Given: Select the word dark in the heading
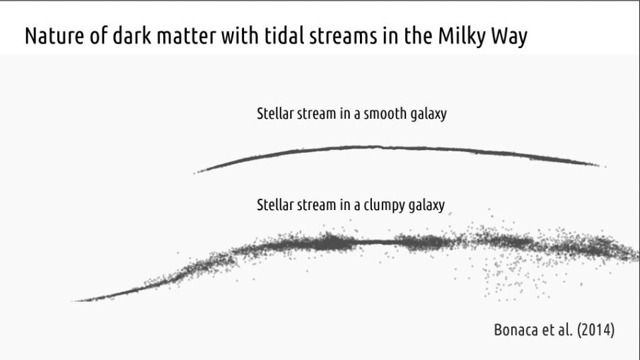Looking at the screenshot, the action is click(132, 35).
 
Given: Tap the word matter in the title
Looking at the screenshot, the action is click(186, 36).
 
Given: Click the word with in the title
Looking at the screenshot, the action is click(240, 35).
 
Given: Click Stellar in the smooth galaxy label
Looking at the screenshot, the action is click(276, 113).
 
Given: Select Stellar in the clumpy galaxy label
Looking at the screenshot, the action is click(276, 205).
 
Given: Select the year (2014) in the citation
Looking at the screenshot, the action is click(595, 330).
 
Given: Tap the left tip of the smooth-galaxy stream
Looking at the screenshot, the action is click(194, 173).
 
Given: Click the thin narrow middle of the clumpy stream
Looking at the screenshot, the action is click(376, 243).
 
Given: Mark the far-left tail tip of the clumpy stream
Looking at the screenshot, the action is click(74, 301).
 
